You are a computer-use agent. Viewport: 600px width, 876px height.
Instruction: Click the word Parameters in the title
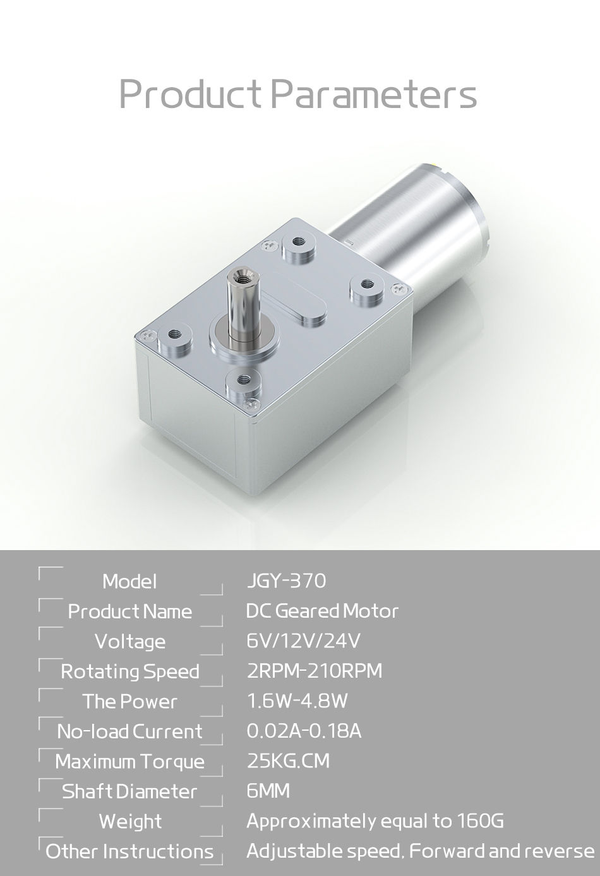tap(374, 95)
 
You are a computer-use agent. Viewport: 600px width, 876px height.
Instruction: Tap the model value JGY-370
tap(285, 580)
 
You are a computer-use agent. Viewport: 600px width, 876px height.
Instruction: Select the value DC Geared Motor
tap(322, 611)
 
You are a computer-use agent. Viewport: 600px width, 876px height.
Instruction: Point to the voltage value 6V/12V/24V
tap(303, 641)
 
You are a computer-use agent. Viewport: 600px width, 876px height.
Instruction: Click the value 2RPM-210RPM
tap(314, 671)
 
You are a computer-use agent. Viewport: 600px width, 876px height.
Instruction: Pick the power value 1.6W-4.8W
tap(297, 701)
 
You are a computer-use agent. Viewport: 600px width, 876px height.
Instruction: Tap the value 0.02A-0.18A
tap(304, 731)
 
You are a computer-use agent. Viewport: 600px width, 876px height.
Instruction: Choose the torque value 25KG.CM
tap(288, 760)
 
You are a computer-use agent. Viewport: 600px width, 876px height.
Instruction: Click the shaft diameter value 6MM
tap(268, 791)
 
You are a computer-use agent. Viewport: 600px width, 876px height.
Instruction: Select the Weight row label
tap(130, 821)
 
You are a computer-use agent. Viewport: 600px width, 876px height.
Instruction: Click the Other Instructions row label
tap(130, 851)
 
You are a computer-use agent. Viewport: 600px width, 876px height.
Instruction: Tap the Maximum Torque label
tap(130, 761)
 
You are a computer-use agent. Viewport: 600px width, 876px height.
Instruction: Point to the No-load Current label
tap(130, 731)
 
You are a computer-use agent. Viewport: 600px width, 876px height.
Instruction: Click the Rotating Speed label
tap(130, 671)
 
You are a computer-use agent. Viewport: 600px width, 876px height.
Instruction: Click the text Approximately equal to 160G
tap(375, 821)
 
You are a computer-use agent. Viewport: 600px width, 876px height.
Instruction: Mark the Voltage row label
tap(130, 641)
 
